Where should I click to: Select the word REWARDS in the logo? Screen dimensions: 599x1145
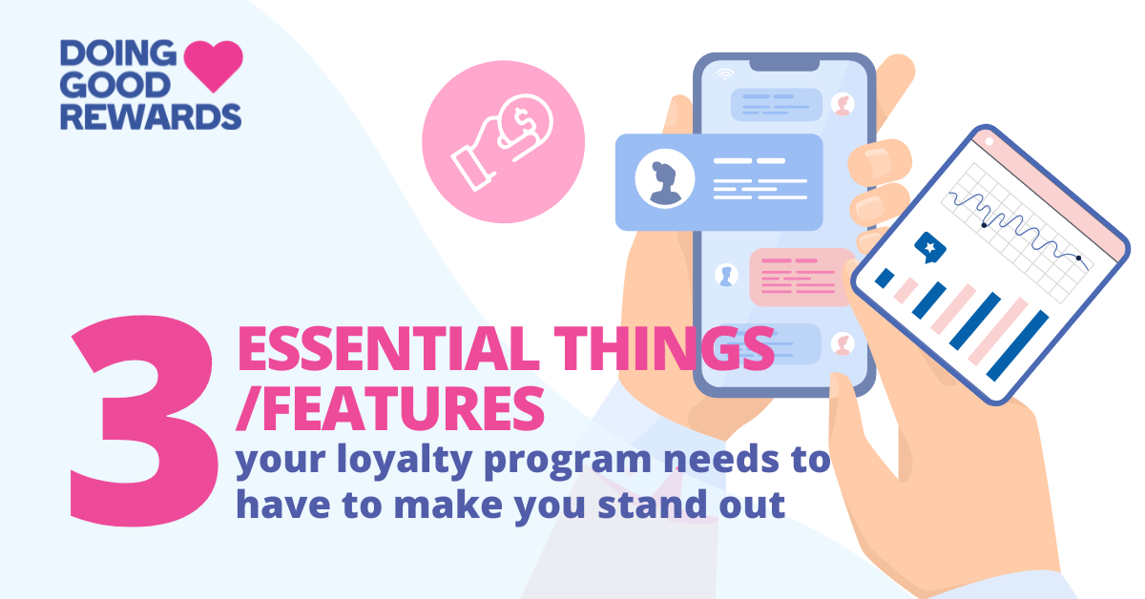[x=149, y=115]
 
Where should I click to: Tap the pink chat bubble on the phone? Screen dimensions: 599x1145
[x=801, y=276]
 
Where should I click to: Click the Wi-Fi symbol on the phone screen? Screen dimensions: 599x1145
[x=725, y=73]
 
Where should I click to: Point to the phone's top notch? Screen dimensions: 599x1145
[x=782, y=63]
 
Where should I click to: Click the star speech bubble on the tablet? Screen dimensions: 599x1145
[x=929, y=249]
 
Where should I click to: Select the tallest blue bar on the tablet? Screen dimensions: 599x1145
[x=1018, y=344]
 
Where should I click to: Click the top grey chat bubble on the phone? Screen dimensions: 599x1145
[x=776, y=104]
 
